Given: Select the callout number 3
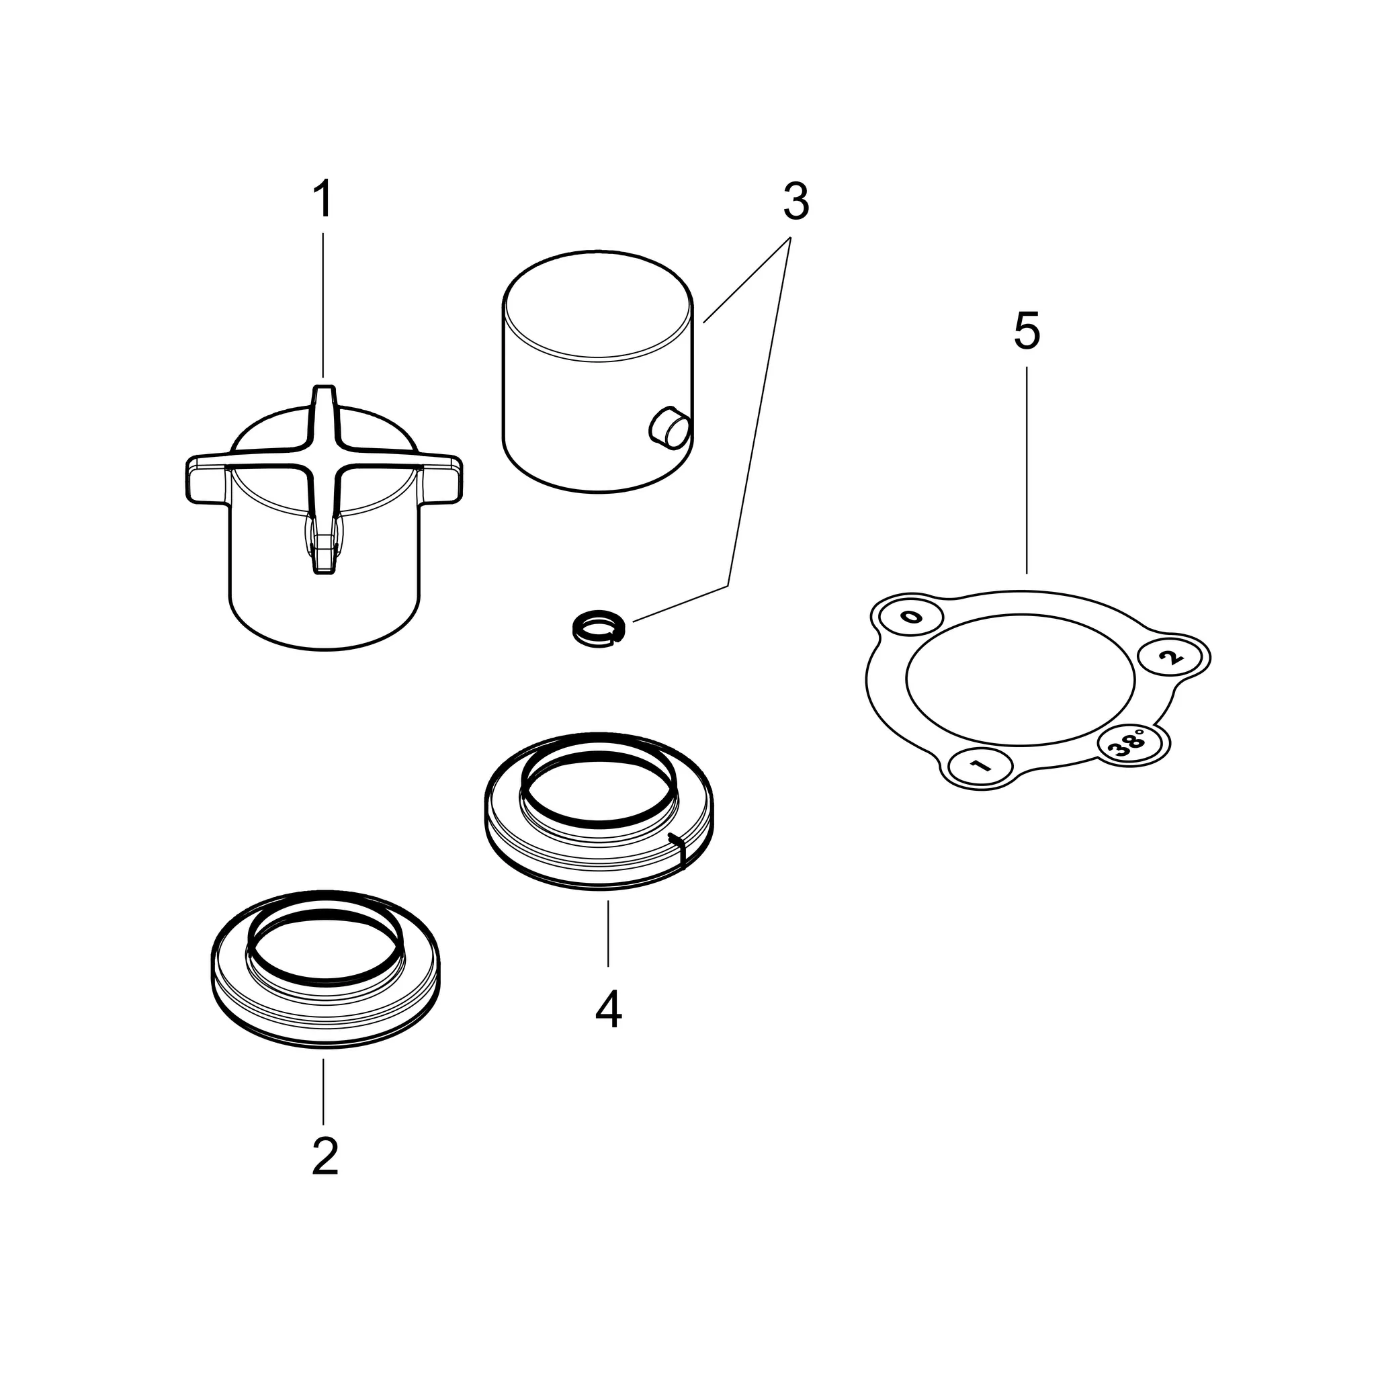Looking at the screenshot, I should point(795,202).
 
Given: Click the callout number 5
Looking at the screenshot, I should point(1027,331).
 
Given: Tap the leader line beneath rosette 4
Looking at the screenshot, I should point(608,933).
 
